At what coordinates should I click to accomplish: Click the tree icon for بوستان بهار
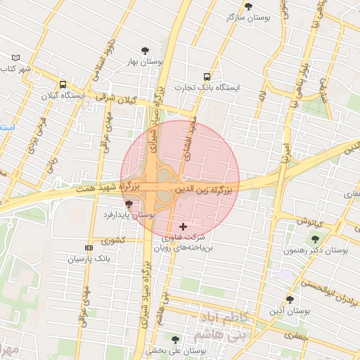146,50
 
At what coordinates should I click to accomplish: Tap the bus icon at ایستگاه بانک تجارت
207,77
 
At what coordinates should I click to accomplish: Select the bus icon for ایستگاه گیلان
63,84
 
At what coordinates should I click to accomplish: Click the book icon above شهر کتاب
17,58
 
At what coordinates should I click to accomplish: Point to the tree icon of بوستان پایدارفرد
127,203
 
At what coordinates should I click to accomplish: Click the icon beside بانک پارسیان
89,248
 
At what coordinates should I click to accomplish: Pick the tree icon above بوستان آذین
290,300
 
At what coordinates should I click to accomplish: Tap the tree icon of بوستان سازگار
248,6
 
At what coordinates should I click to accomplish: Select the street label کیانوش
308,221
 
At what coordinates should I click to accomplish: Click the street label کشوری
112,240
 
